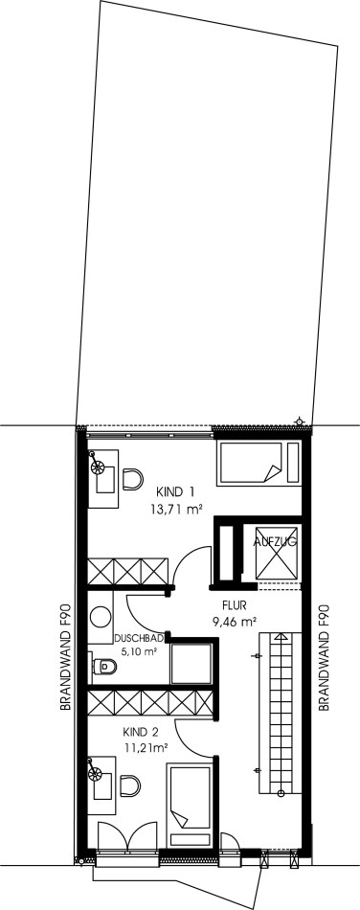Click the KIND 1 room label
174,492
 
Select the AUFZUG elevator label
276,542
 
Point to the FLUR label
235,605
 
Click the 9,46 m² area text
235,622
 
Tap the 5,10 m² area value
139,651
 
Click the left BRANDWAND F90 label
65,656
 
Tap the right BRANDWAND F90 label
324,656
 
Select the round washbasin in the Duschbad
101,616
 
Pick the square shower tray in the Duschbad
191,664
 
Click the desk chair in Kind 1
133,479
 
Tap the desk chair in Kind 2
130,785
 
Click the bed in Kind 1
259,463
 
